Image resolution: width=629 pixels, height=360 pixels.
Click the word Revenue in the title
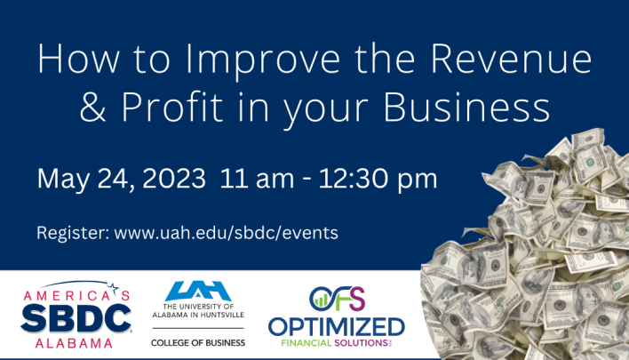tap(512, 59)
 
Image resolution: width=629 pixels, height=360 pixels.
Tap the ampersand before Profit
tap(92, 108)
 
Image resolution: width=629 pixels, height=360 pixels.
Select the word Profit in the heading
tap(171, 107)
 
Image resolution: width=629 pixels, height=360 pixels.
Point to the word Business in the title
tap(466, 107)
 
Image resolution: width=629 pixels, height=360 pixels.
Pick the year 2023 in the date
tap(174, 178)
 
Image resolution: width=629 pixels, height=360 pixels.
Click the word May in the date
tap(63, 180)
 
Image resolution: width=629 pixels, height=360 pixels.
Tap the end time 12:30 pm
tap(378, 180)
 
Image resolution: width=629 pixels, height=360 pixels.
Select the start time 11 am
tap(257, 178)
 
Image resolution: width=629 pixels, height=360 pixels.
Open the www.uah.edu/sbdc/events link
tap(227, 233)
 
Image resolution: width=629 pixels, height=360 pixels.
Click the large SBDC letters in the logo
tap(76, 318)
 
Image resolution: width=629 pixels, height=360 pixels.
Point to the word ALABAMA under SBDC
tap(75, 343)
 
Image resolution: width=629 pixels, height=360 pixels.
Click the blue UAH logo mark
tap(198, 291)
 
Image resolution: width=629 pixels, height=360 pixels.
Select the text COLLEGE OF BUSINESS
tap(198, 343)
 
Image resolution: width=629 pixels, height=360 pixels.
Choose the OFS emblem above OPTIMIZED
tap(337, 299)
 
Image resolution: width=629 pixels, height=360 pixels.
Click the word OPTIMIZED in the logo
tap(337, 327)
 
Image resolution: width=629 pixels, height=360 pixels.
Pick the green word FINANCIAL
tap(307, 343)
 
